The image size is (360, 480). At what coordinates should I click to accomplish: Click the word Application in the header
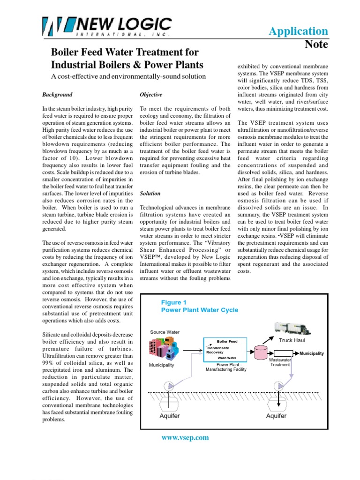(298, 31)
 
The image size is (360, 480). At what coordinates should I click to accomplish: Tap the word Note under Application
(316, 45)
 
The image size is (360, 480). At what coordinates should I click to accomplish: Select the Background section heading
(57, 94)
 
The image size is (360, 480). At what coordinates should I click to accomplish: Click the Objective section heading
(151, 94)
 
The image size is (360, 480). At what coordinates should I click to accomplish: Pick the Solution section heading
(150, 193)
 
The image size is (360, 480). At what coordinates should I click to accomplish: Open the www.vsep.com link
(185, 438)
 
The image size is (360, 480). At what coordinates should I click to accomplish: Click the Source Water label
(165, 332)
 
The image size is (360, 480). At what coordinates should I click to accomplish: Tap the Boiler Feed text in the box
(227, 342)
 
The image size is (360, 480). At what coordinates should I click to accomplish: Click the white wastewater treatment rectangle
(283, 353)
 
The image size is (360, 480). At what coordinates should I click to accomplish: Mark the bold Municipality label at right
(312, 353)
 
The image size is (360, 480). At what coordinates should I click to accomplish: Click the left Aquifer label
(170, 416)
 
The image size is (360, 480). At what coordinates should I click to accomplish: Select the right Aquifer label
(276, 416)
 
